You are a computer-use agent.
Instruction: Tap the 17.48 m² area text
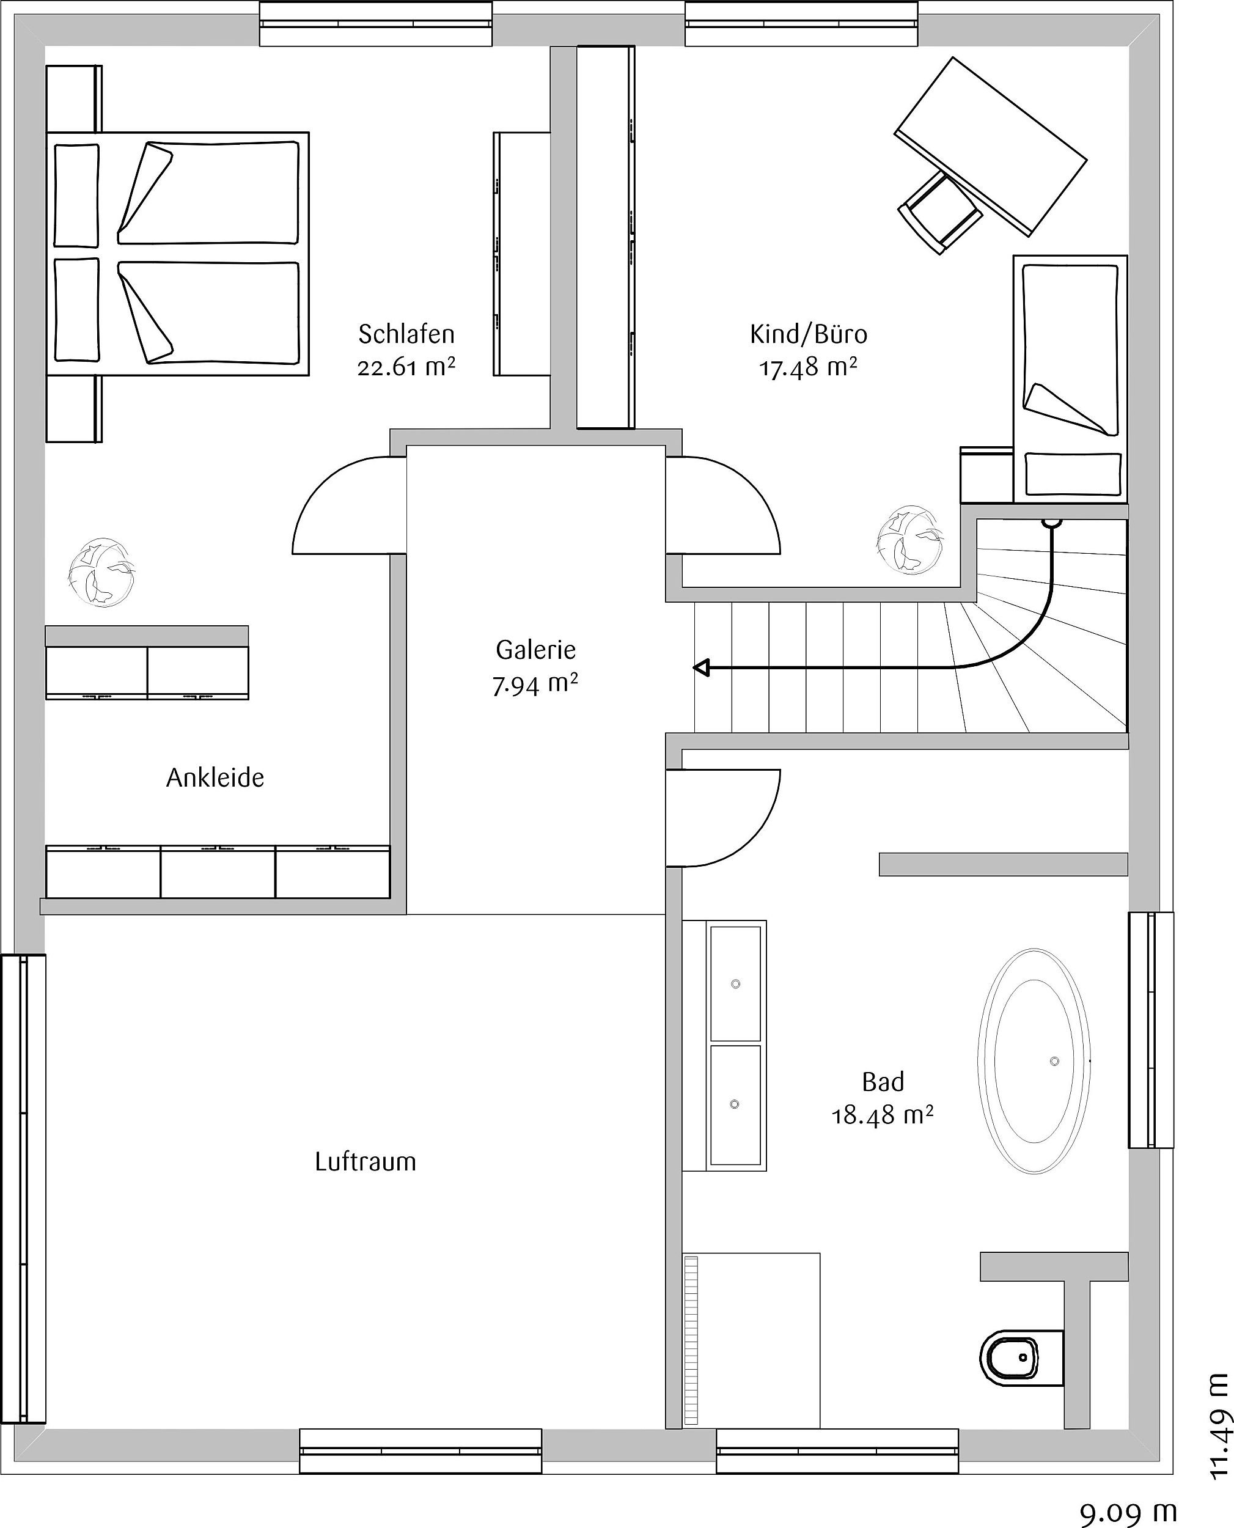[808, 367]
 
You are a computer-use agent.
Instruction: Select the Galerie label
[535, 649]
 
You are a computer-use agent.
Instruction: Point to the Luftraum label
[365, 1161]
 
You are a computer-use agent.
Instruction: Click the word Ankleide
[215, 777]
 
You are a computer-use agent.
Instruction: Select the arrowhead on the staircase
[702, 668]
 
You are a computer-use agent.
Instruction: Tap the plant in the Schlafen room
[101, 572]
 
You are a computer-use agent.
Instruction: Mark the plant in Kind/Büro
[910, 540]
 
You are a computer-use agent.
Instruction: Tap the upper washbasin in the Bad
[735, 983]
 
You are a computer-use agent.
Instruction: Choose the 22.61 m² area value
[406, 367]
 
